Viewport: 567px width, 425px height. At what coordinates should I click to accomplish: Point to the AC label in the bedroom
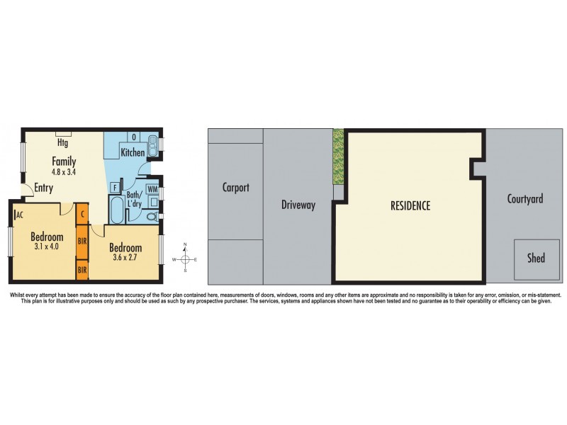tap(19, 214)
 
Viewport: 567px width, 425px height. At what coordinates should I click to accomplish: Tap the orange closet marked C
tap(82, 212)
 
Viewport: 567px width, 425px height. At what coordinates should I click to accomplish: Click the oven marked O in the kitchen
tap(133, 137)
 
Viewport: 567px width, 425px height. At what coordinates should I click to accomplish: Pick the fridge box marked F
tap(114, 187)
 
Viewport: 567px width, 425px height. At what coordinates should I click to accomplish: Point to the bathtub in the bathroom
tap(116, 210)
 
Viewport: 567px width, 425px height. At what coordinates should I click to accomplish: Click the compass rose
tap(185, 259)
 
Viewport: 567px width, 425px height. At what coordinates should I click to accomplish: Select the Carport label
tap(235, 188)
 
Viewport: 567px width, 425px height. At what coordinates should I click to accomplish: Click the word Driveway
tap(298, 205)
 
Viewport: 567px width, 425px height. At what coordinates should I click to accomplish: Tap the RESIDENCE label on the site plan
tap(410, 206)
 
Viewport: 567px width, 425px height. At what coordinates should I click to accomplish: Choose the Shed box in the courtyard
tap(537, 259)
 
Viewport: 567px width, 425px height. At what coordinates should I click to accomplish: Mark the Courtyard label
tap(525, 199)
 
